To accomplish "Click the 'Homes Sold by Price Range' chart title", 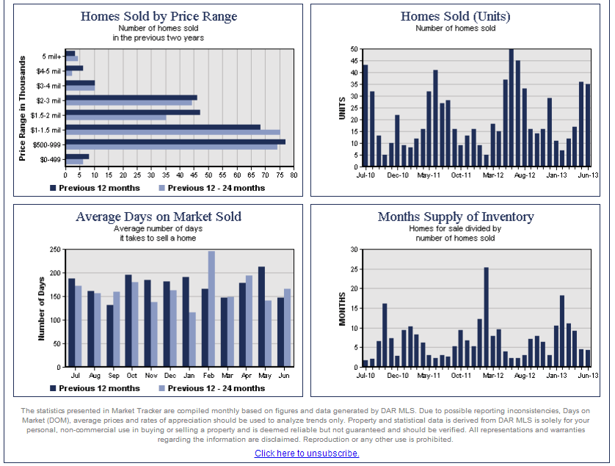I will (159, 16).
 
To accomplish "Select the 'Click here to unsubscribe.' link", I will (307, 454).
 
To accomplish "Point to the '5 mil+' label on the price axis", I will (52, 57).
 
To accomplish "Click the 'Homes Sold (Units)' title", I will (455, 16).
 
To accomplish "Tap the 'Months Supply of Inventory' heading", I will (455, 216).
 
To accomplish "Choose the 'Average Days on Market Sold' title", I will (159, 216).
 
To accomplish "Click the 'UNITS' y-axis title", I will (341, 108).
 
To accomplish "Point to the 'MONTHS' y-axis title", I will (341, 308).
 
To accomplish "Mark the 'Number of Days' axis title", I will (42, 308).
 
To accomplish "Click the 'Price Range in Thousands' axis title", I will (23, 108).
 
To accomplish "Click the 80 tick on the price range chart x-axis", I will (294, 175).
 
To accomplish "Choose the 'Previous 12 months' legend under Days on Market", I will (99, 388).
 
